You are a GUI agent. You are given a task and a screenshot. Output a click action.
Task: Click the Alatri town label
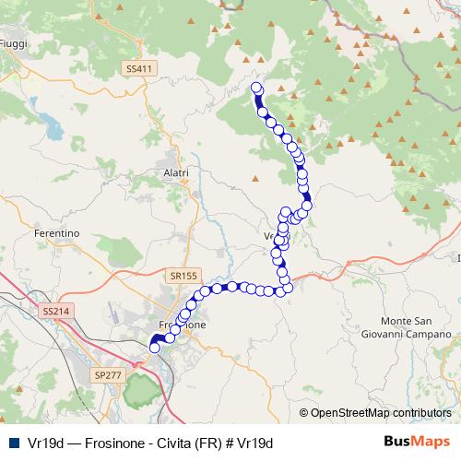coord(174,172)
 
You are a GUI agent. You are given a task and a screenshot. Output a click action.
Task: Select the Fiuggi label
coord(13,43)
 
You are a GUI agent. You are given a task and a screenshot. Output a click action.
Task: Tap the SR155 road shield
coord(183,275)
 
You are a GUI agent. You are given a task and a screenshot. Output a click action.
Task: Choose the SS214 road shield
coord(56,313)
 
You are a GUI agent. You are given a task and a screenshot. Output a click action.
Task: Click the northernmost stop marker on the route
coord(256,89)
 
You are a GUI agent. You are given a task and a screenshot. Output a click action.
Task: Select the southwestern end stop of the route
coord(154,348)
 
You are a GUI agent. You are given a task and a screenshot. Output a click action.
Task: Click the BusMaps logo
coord(417,442)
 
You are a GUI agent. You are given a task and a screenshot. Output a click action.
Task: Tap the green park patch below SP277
coord(137,393)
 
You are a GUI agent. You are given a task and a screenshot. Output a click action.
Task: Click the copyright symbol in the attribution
coord(304,413)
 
